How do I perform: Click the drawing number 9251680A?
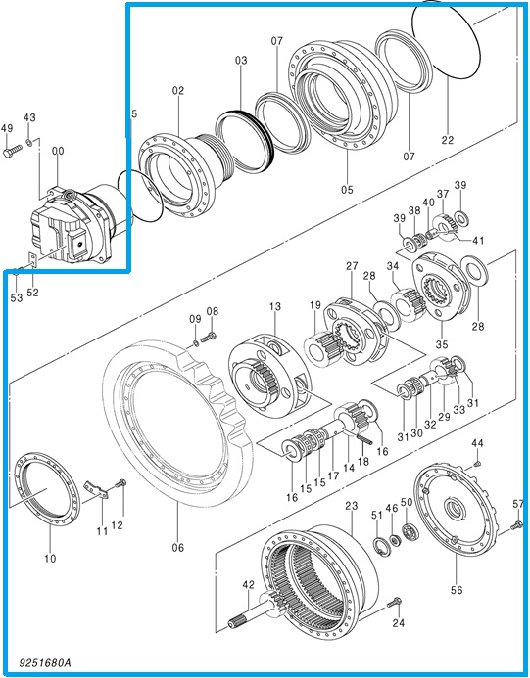tap(44, 662)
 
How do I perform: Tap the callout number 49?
tap(7, 128)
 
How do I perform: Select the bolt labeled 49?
tap(13, 151)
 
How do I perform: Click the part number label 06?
tap(177, 548)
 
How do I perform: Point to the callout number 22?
tap(448, 140)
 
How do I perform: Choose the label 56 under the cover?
tap(457, 590)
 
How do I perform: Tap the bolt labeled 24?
tap(395, 602)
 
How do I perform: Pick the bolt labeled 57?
tap(517, 525)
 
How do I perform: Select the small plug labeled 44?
tap(478, 464)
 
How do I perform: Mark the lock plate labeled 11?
tap(96, 489)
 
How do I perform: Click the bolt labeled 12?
tap(120, 483)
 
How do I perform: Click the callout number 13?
tap(275, 306)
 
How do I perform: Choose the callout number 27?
tap(352, 265)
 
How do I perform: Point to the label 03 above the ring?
tap(241, 60)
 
